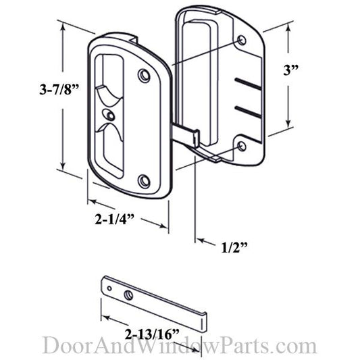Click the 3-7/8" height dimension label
tap(59, 89)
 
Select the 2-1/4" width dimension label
tap(115, 219)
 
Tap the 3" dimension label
tap(291, 70)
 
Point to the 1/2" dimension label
tap(234, 247)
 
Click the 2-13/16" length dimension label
tap(152, 334)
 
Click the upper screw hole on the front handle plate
tap(144, 75)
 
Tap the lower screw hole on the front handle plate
tap(144, 182)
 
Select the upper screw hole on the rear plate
tap(242, 41)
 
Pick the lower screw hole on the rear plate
tap(242, 147)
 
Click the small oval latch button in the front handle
tap(108, 114)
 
